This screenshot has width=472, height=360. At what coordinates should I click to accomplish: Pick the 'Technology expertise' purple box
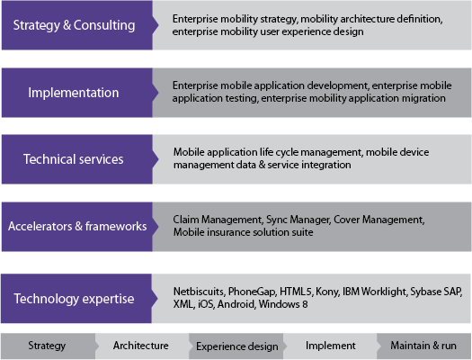coord(79,299)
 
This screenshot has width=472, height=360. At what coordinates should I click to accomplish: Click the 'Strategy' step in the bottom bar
coord(49,346)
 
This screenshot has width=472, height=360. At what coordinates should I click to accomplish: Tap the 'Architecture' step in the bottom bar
coord(142,346)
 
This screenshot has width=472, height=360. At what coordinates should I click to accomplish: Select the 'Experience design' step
coord(236,346)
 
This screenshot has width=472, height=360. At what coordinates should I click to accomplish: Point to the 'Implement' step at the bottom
coord(330,346)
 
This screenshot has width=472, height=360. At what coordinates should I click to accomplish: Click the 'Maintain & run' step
coord(423,346)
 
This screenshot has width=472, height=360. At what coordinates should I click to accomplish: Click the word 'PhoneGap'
coord(252,292)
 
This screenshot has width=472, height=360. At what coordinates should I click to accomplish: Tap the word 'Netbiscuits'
coord(199,292)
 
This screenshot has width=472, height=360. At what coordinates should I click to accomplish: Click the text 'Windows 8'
coord(283,304)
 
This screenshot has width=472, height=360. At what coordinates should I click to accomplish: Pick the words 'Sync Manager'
coord(298,220)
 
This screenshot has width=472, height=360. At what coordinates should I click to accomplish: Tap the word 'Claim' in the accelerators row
coord(185,220)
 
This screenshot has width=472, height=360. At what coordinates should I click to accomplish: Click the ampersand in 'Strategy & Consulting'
coord(67,25)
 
